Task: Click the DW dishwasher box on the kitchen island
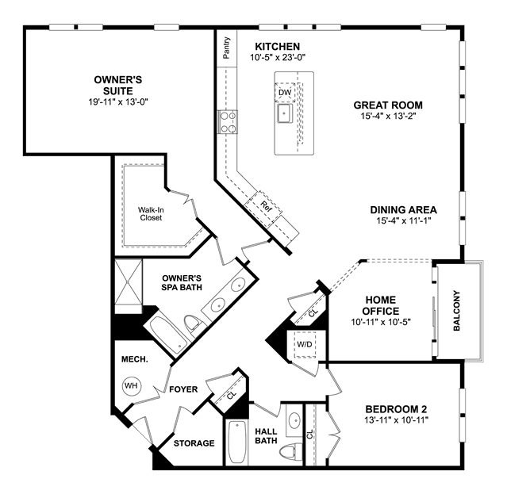(285, 93)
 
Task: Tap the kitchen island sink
(285, 113)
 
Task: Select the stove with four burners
(227, 122)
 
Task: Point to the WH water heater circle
(131, 385)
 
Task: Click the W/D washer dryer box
(305, 344)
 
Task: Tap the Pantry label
(227, 48)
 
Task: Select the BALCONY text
(456, 311)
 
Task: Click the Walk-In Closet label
(151, 214)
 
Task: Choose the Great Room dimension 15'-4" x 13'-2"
(388, 116)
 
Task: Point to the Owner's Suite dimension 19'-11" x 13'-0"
(118, 102)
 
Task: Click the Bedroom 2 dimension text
(396, 420)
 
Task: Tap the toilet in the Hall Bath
(290, 452)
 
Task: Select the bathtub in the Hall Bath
(237, 442)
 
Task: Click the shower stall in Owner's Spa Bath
(129, 286)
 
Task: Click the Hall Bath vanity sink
(294, 420)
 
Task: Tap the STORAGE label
(194, 443)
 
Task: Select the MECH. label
(135, 359)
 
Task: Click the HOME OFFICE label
(381, 305)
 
